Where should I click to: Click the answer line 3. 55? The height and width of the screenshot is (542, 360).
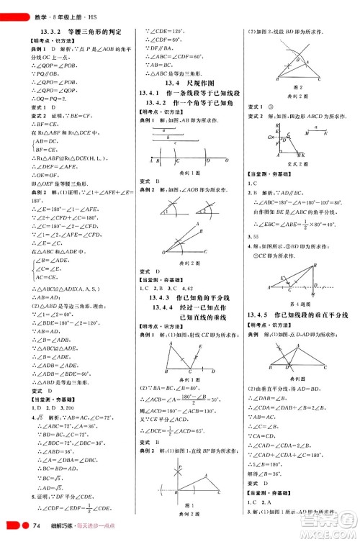[x=252, y=235]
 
